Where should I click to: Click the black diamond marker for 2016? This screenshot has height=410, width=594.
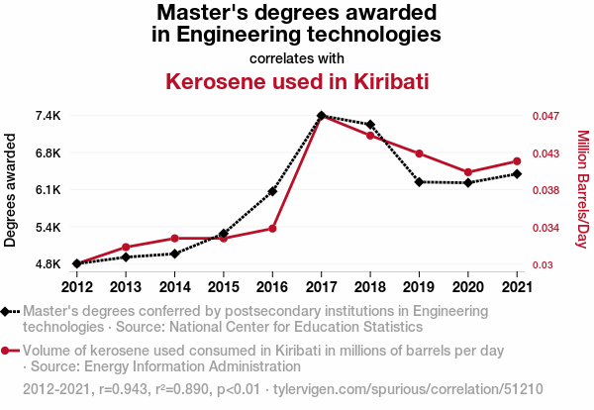click(272, 191)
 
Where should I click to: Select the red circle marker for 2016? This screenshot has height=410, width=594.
click(272, 229)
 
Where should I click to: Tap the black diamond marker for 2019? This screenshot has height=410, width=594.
click(419, 182)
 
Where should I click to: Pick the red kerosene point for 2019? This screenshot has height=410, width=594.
click(419, 154)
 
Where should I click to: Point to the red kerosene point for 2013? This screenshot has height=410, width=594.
click(126, 247)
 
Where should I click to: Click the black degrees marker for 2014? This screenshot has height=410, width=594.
click(174, 254)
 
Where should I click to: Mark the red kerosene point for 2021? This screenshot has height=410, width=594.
click(517, 160)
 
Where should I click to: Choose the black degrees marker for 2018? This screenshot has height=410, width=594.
click(370, 125)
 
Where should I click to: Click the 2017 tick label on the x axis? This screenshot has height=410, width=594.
click(322, 287)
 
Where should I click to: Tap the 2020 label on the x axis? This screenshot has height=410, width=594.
click(468, 287)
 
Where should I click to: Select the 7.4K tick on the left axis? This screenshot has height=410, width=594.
click(47, 116)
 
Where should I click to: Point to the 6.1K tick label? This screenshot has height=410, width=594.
click(47, 190)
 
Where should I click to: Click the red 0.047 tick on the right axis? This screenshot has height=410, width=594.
click(545, 116)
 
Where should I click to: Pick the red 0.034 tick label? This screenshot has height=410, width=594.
click(545, 228)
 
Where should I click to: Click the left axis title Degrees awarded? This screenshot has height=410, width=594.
click(11, 190)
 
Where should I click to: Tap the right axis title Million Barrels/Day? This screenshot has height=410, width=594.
click(583, 190)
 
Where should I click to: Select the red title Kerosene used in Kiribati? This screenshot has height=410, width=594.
click(297, 80)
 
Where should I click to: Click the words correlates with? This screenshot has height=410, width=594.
click(297, 57)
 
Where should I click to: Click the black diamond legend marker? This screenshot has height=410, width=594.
click(7, 311)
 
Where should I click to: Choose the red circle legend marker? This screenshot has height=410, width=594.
click(7, 351)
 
